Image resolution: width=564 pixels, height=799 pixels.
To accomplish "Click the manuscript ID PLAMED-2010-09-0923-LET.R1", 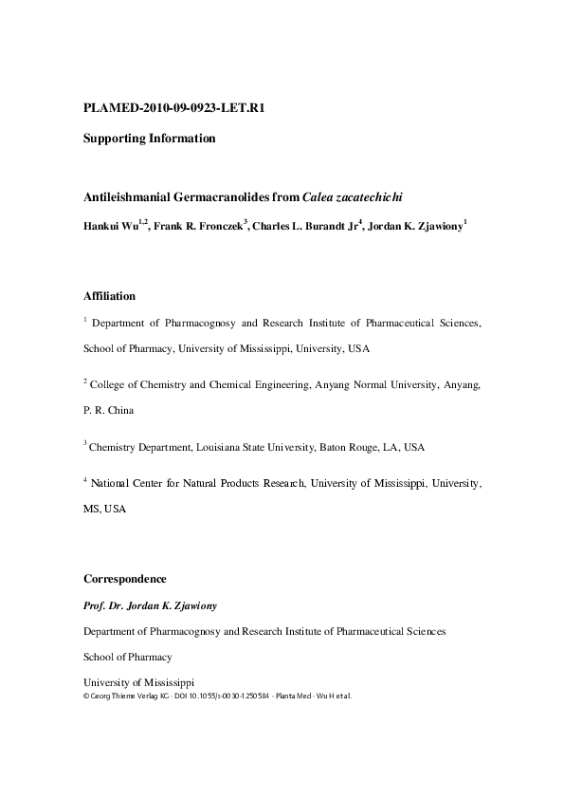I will pos(173,107).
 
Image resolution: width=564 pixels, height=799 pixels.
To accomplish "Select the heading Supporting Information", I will pos(150,139).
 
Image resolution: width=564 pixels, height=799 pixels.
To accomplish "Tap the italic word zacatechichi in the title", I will pos(367,197).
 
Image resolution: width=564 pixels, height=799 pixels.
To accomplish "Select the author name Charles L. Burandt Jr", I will pos(302,227).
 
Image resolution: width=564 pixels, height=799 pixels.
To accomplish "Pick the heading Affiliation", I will pos(109,296).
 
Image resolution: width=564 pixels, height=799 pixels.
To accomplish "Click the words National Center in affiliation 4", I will pos(125,483).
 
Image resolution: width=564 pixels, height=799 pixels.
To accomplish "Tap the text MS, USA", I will pos(104,510).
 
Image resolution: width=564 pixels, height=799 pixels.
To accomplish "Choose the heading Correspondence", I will pos(125,579).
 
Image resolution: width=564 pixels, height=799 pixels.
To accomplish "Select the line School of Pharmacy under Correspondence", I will pos(128,657).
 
